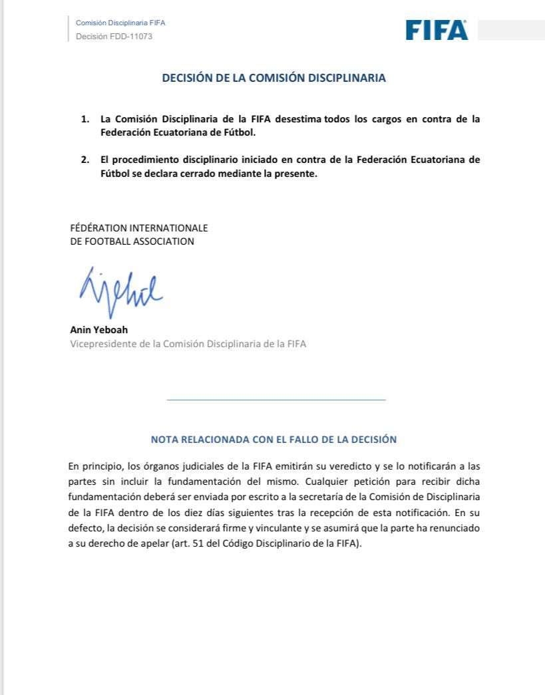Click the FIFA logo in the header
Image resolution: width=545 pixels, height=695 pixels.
[437, 30]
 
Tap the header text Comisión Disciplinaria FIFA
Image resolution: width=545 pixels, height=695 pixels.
[120, 23]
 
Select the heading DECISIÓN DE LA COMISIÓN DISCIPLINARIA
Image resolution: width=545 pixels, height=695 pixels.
[273, 78]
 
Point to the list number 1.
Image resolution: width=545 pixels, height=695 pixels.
[85, 119]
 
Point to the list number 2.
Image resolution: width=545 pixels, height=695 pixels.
[85, 160]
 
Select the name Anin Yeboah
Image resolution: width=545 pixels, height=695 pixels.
[99, 329]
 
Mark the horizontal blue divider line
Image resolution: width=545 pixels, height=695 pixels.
[275, 400]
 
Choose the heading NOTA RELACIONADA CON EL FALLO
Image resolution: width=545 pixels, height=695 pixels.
[273, 439]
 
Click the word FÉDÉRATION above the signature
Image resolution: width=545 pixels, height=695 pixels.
[98, 227]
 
